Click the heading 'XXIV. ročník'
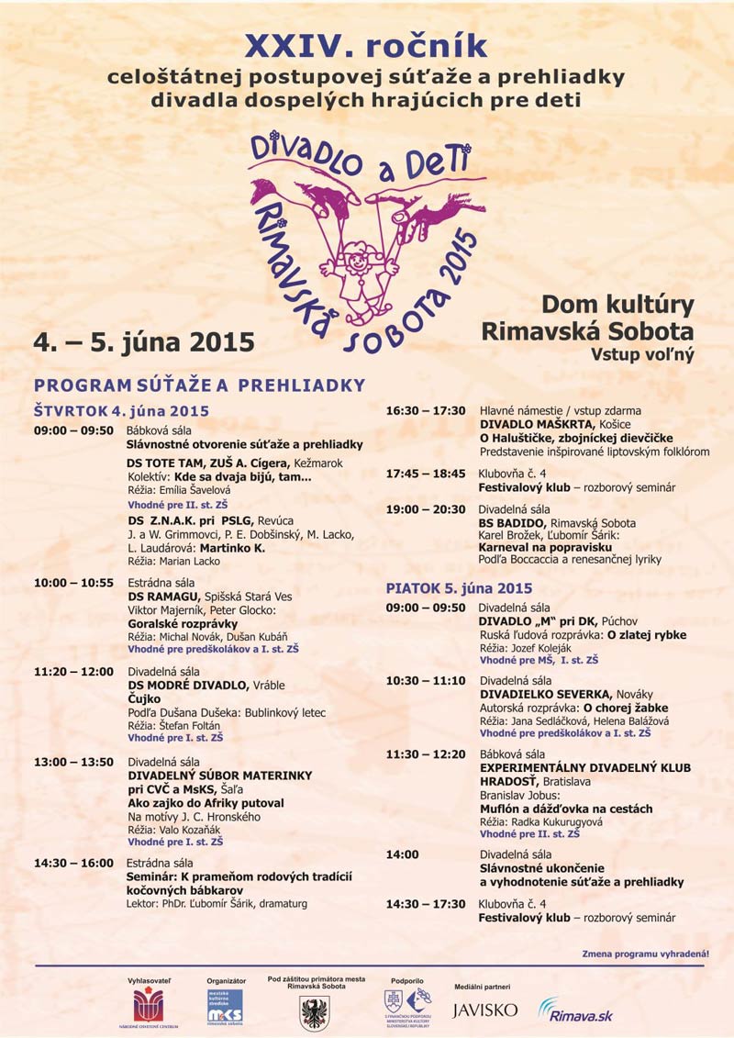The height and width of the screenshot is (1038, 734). pos(366,47)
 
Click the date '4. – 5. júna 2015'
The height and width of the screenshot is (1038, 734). pos(144,342)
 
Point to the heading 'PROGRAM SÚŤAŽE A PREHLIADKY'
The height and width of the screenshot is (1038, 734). pos(199,385)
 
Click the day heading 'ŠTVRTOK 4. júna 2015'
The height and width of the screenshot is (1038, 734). pos(121,410)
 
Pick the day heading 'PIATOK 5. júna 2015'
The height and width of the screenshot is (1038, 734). pos(459,588)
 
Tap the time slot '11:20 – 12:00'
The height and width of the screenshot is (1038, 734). pos(72,672)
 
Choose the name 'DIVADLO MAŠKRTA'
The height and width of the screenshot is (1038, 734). pos(537,425)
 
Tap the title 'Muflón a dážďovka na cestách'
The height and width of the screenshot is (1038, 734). pos(566,809)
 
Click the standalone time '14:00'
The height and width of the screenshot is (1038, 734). pos(403,854)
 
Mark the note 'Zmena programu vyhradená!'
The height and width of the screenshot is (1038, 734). pos(645,954)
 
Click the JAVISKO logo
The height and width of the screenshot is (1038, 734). pos(484,1010)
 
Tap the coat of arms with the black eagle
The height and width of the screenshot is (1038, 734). pos(314,1011)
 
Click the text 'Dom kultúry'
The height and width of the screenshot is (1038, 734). pos(617,305)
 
